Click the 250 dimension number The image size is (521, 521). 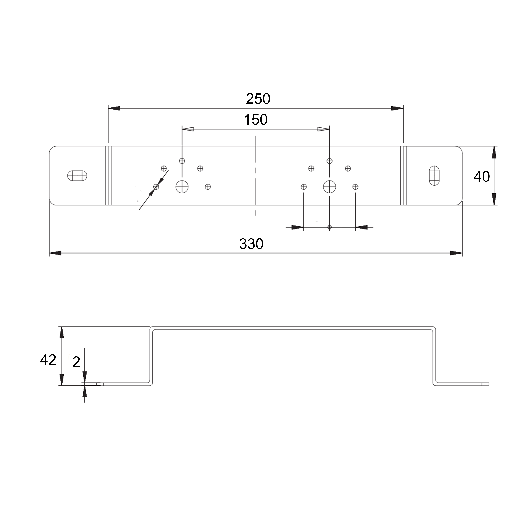(258, 99)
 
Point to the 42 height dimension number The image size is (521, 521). (48, 360)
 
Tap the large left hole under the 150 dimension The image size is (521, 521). (182, 186)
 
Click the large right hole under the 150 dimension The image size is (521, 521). (330, 186)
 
